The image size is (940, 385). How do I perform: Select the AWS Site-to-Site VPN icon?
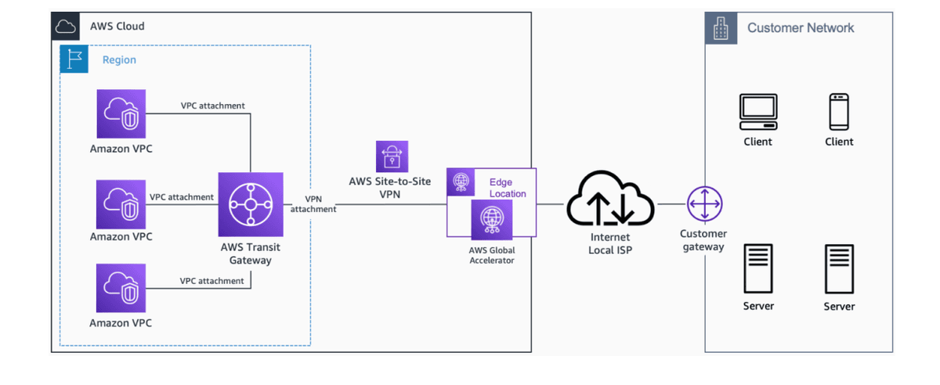[x=392, y=157]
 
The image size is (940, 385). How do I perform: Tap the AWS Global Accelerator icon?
[x=492, y=220]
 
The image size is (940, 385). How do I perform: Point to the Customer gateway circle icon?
[x=703, y=204]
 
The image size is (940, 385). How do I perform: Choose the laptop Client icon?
[x=757, y=112]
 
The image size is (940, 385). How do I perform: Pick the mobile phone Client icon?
[x=839, y=112]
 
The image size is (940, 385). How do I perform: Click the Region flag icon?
[x=74, y=59]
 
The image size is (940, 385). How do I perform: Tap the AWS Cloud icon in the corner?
[x=66, y=26]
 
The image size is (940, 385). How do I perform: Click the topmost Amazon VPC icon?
[x=121, y=113]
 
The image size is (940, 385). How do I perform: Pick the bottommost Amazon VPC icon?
[x=121, y=288]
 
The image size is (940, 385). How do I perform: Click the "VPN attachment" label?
[x=313, y=203]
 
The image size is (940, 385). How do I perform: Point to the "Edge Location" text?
[x=508, y=188]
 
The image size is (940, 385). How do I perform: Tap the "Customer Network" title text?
[x=801, y=28]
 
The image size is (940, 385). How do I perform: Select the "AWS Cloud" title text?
[x=117, y=26]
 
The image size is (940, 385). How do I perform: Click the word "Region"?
[x=119, y=59]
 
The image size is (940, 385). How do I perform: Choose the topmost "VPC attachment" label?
[x=212, y=106]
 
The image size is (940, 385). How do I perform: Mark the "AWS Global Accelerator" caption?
[x=492, y=255]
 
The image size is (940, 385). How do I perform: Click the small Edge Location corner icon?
[x=460, y=182]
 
